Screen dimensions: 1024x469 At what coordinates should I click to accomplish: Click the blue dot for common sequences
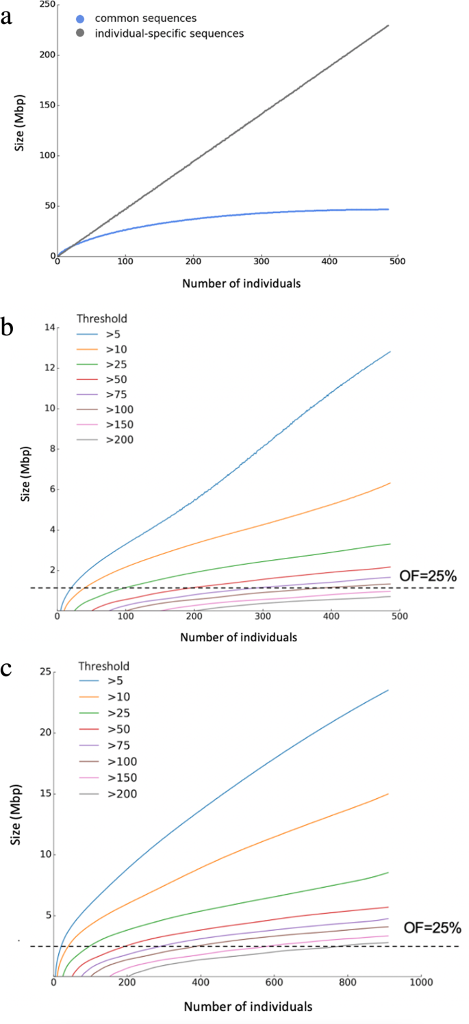coord(81,18)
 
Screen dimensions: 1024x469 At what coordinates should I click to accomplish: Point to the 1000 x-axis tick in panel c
coord(420,984)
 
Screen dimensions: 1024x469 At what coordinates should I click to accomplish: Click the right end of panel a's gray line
coord(388,26)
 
